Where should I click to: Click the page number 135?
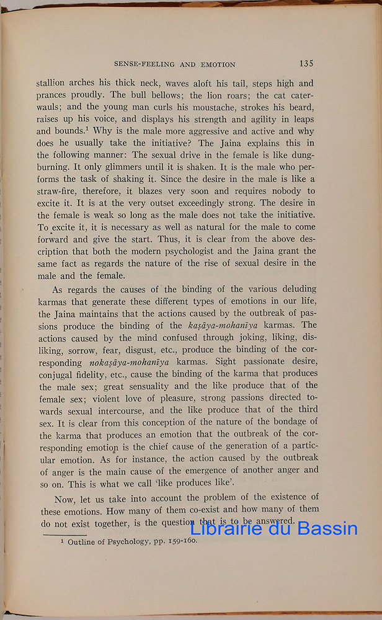click(306, 63)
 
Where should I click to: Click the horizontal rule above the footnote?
click(64, 533)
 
